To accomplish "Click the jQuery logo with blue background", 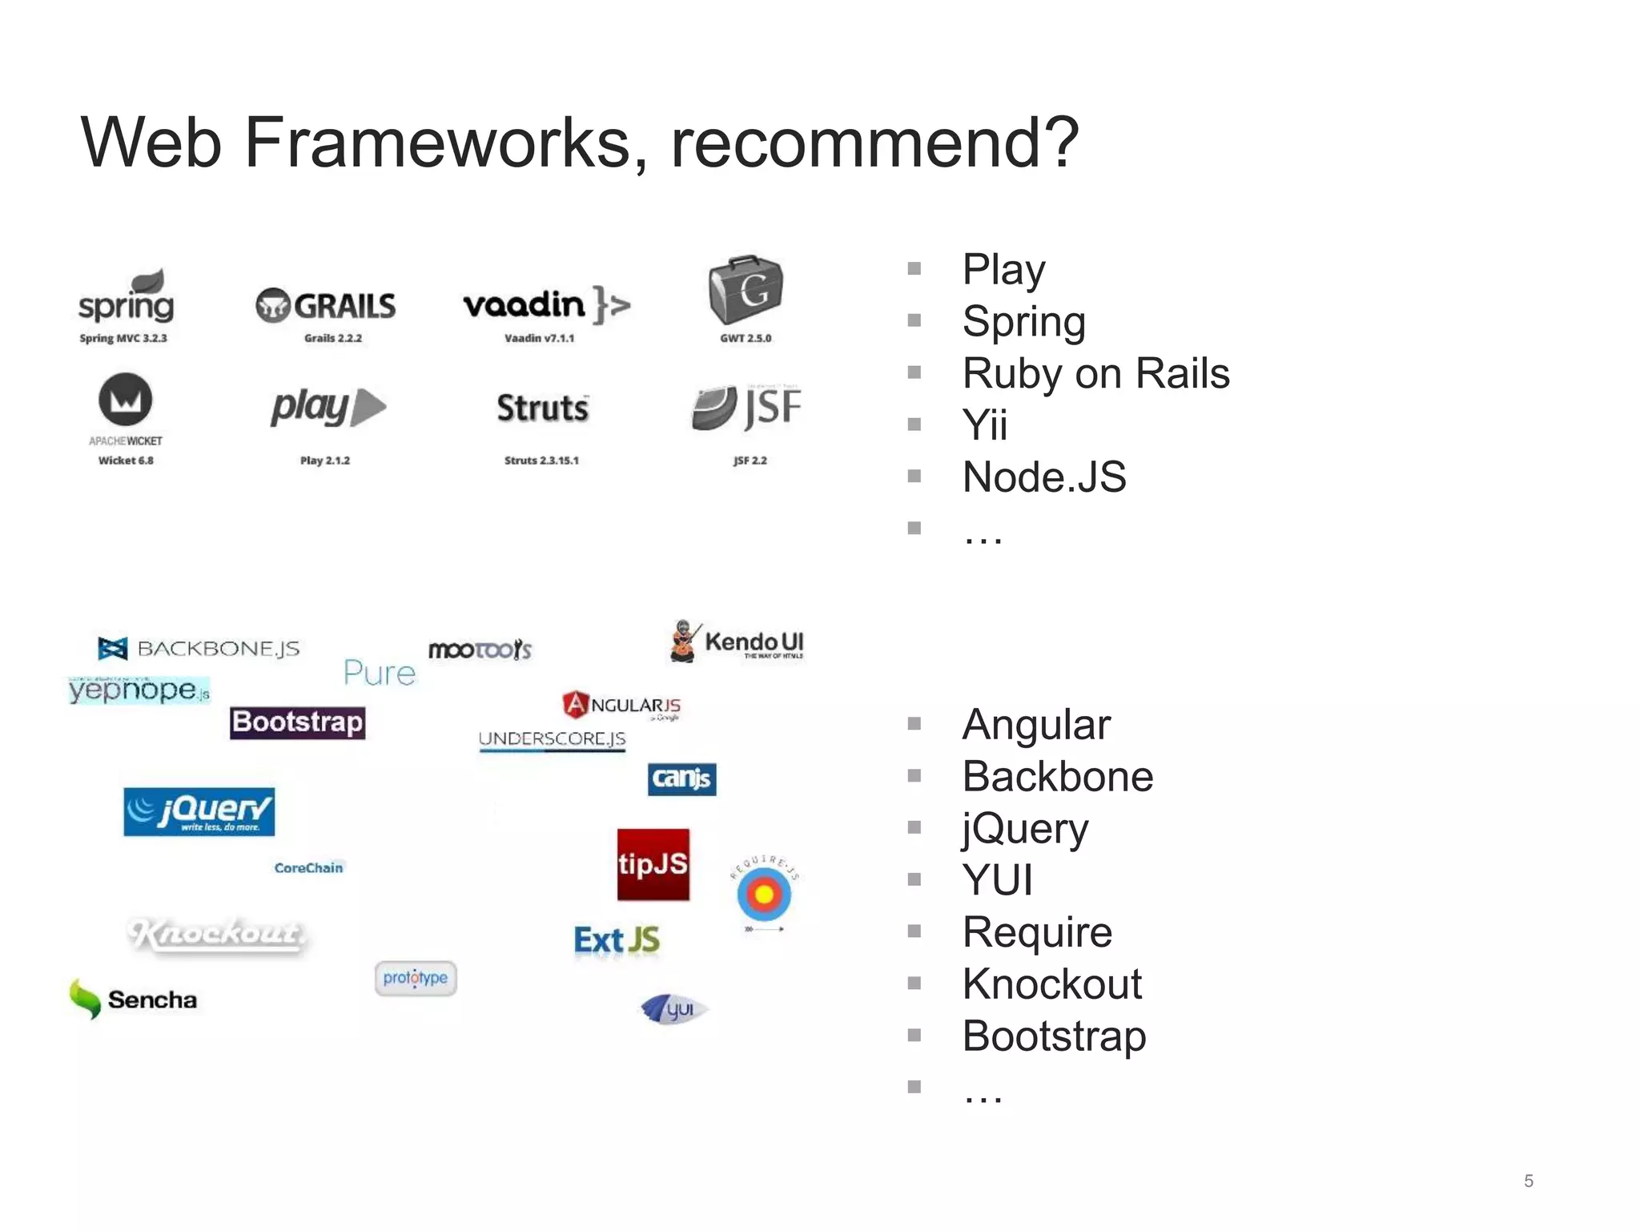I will [x=199, y=811].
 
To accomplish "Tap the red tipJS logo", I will [x=653, y=864].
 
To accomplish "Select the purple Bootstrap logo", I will [x=297, y=722].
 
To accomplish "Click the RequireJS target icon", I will [x=764, y=894].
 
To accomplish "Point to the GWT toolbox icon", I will [x=746, y=290].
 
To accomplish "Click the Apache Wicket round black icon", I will [x=125, y=400].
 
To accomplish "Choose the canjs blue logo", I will [x=681, y=778].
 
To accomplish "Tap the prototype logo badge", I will [x=415, y=978].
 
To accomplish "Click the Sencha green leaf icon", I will [x=84, y=999].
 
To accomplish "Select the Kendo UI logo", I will [x=738, y=642].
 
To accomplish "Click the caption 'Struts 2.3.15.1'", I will [x=541, y=461].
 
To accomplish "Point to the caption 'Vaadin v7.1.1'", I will [x=539, y=338].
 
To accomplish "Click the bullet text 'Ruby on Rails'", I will [x=1095, y=373].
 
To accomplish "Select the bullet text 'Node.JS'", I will [x=1044, y=477].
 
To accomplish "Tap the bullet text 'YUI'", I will [x=998, y=880].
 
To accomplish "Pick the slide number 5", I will [x=1528, y=1181].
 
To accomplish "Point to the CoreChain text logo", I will [x=308, y=868].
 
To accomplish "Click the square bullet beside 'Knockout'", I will [x=914, y=984].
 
